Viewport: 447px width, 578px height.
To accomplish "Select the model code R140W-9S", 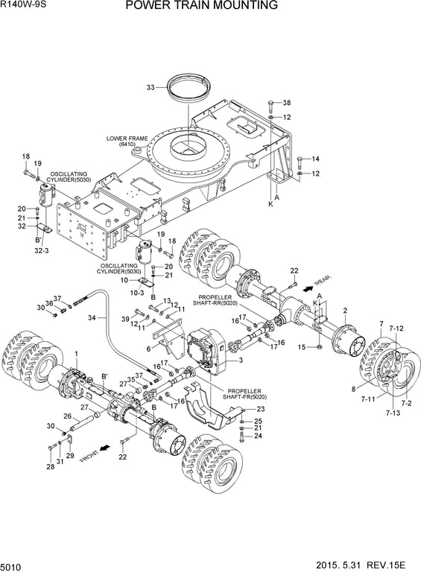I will pos(25,7).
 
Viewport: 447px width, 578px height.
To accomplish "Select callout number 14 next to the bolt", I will pos(315,158).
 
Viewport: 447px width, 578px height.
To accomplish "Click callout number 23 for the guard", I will pos(261,409).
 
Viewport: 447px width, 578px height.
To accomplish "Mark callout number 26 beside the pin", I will pos(66,416).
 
